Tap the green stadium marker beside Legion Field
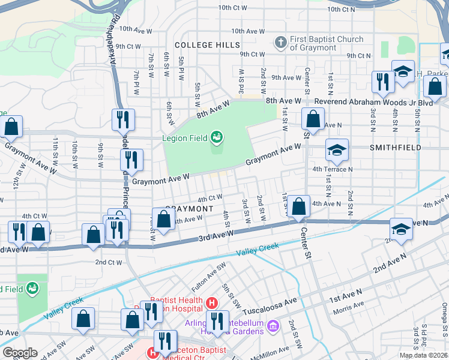coord(216,139)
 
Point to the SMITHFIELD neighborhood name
coord(396,147)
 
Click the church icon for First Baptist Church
coord(280,42)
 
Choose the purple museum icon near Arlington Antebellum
coord(273,326)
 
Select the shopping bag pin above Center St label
coord(298,206)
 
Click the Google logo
coord(20,353)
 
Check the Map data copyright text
coord(424,355)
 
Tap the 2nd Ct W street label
coord(109,262)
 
